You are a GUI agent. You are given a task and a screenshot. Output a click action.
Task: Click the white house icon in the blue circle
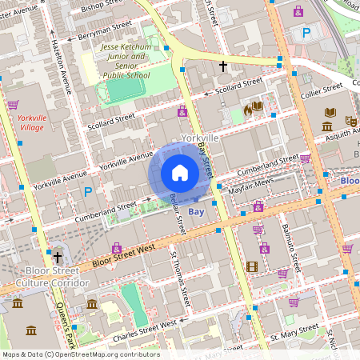[x=180, y=173]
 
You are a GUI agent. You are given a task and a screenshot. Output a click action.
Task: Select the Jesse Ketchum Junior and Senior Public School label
[x=126, y=62]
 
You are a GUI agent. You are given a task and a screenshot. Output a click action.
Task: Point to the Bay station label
[x=197, y=213]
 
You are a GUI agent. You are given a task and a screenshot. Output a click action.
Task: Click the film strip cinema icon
[x=252, y=266]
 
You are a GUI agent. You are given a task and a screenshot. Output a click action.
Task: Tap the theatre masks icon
[x=350, y=120]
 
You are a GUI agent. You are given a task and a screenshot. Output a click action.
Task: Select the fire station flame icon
[x=247, y=110]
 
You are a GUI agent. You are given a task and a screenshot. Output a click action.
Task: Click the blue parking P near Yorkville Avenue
[x=88, y=192]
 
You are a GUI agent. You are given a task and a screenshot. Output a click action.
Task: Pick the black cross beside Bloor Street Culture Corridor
[x=57, y=258]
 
